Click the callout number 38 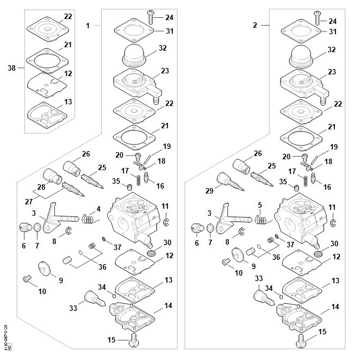[11, 68]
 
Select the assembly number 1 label [89, 25]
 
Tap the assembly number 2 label [256, 25]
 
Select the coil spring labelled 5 [261, 220]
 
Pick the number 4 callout [98, 208]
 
